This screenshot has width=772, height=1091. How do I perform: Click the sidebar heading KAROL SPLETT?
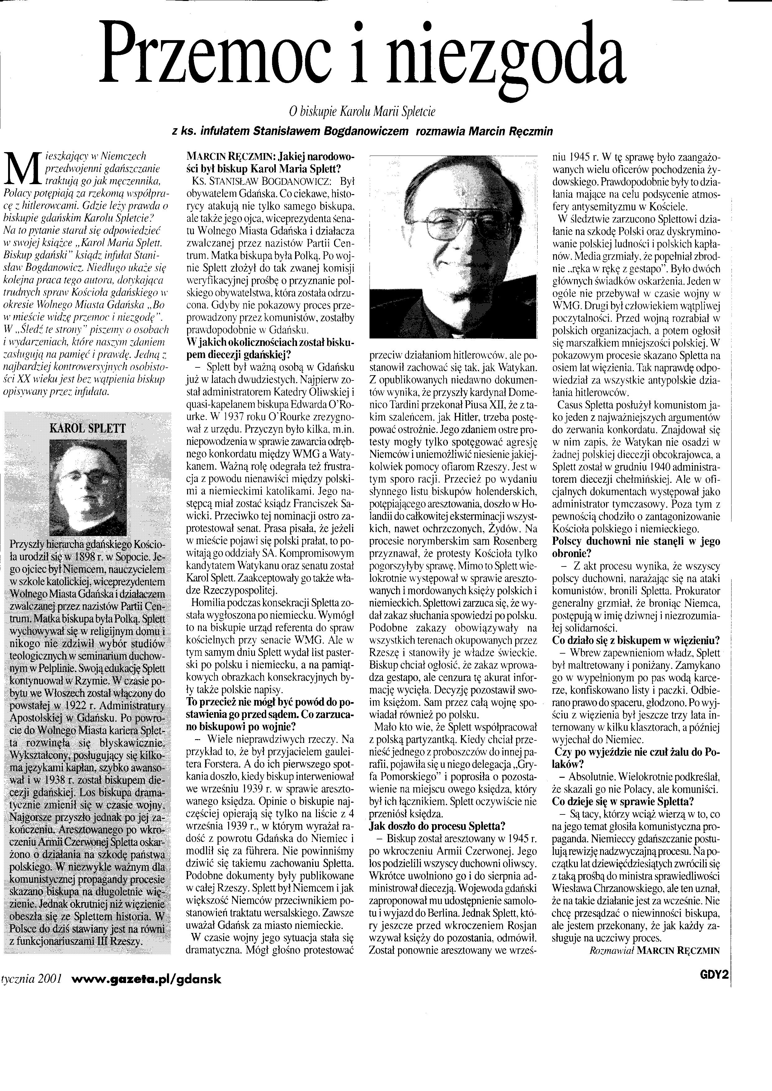pos(88,428)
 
